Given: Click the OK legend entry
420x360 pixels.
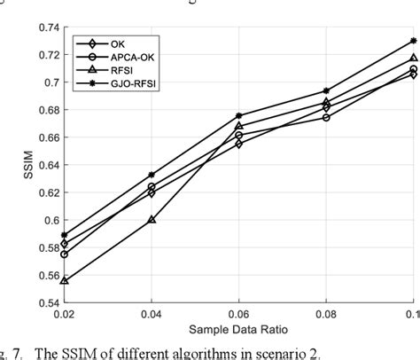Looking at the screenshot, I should click(x=119, y=43).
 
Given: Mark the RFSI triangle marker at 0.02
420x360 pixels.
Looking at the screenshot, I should click(x=65, y=281).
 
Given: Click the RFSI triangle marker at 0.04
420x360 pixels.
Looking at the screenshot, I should click(x=152, y=219).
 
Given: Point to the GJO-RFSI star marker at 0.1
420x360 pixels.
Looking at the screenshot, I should click(x=413, y=41).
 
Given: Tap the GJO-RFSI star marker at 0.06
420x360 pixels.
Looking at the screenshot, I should click(x=239, y=115).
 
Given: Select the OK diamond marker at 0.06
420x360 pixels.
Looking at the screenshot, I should click(x=239, y=144).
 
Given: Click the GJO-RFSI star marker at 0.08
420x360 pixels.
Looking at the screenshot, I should click(x=326, y=90).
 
